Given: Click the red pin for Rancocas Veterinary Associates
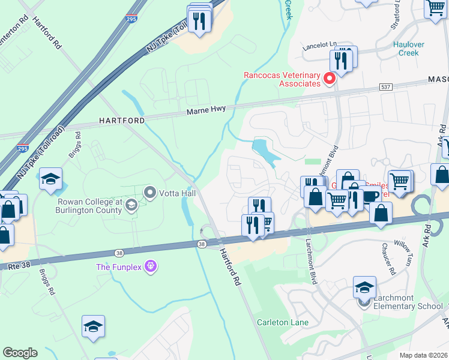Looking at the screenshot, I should click(x=329, y=79).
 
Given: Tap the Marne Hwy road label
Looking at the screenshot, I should click(x=205, y=113).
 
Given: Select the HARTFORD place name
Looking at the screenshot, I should click(x=122, y=121).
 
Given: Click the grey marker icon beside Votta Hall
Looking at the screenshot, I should click(x=149, y=193).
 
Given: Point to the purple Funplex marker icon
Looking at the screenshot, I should click(x=150, y=266).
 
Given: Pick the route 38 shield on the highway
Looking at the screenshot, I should click(x=202, y=244).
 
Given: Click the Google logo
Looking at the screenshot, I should click(x=20, y=353).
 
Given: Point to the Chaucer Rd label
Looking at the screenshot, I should click(x=387, y=259).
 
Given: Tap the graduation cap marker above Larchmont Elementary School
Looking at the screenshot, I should click(x=364, y=287).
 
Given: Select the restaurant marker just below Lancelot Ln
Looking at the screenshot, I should click(x=340, y=60).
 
